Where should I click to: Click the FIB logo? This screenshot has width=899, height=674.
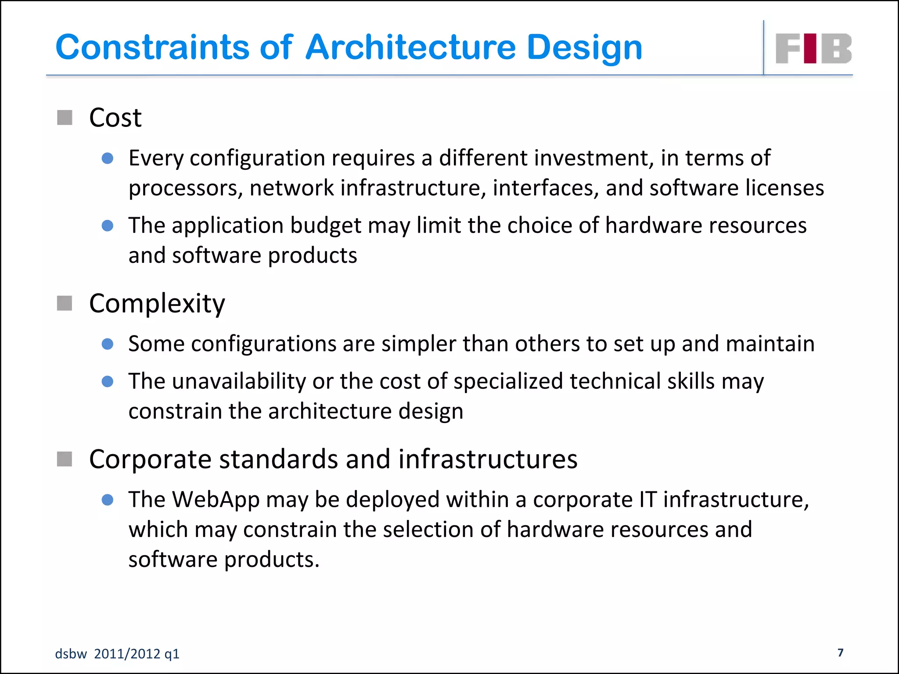tap(813, 48)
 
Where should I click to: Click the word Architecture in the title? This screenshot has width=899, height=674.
tap(410, 47)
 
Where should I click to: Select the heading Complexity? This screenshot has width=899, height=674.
tap(157, 303)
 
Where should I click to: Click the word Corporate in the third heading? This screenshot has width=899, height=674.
tap(150, 459)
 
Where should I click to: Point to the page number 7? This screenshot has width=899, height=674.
tap(840, 652)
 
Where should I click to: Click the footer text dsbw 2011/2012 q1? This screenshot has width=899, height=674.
tap(117, 654)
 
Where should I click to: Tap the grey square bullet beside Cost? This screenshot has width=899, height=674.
tap(65, 118)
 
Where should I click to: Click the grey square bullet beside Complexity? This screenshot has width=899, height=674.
tap(65, 303)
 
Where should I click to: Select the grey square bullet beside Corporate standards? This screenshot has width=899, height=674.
tap(65, 459)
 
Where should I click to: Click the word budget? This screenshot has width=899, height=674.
tap(325, 226)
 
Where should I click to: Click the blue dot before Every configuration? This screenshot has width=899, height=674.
tap(108, 158)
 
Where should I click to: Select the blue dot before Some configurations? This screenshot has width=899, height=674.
tap(108, 344)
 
